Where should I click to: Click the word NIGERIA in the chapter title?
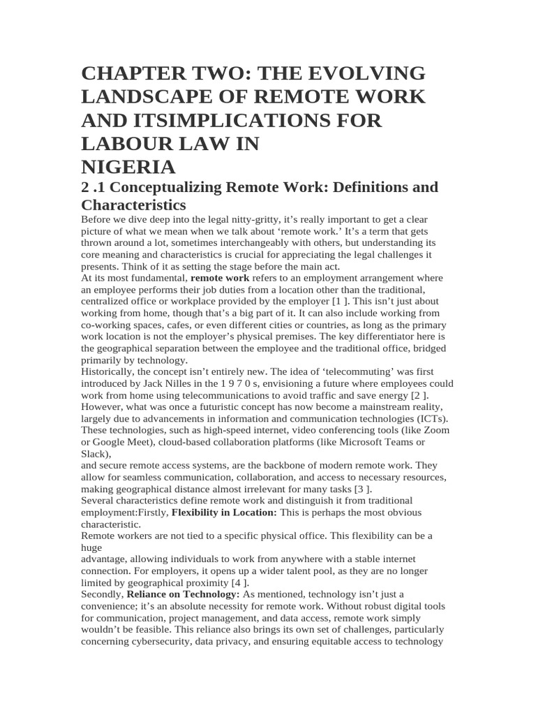[x=128, y=168]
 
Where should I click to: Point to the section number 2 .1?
[x=94, y=187]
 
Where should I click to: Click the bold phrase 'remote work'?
[x=219, y=278]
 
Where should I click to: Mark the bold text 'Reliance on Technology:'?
[x=183, y=594]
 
